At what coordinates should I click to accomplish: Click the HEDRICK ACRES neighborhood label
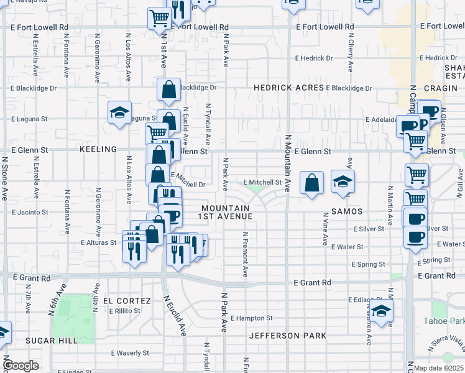tap(289, 88)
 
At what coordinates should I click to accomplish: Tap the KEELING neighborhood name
tap(98, 150)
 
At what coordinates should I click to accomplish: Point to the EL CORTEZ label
tap(128, 301)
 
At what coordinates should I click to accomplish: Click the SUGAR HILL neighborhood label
tap(52, 340)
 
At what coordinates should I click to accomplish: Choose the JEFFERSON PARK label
tap(288, 336)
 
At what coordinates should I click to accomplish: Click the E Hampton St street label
tap(251, 318)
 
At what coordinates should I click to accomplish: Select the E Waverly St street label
tap(131, 352)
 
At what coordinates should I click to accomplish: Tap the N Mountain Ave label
tap(288, 163)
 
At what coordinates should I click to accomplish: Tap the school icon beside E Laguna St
tap(120, 113)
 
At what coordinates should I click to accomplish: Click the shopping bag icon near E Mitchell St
tap(312, 183)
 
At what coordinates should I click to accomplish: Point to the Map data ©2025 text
tap(438, 368)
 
